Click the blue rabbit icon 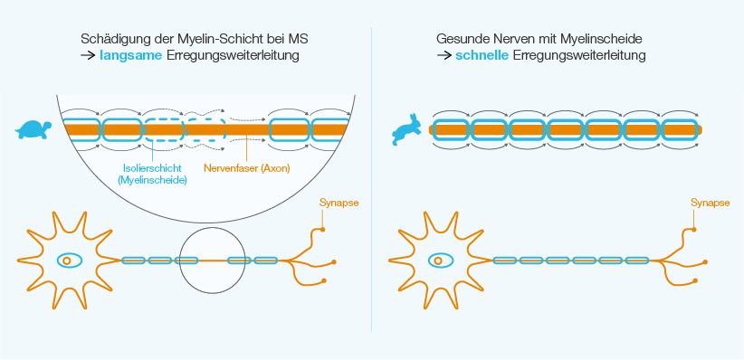[x=405, y=128]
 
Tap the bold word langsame [x=133, y=56]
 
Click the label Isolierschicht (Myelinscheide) [x=152, y=174]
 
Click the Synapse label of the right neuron [x=710, y=203]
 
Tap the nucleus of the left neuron [x=68, y=261]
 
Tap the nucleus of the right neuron [x=439, y=261]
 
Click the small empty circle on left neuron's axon [x=213, y=261]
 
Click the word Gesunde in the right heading [x=461, y=40]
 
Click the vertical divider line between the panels [x=372, y=181]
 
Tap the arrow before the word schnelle [x=444, y=56]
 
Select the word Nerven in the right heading [x=512, y=40]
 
